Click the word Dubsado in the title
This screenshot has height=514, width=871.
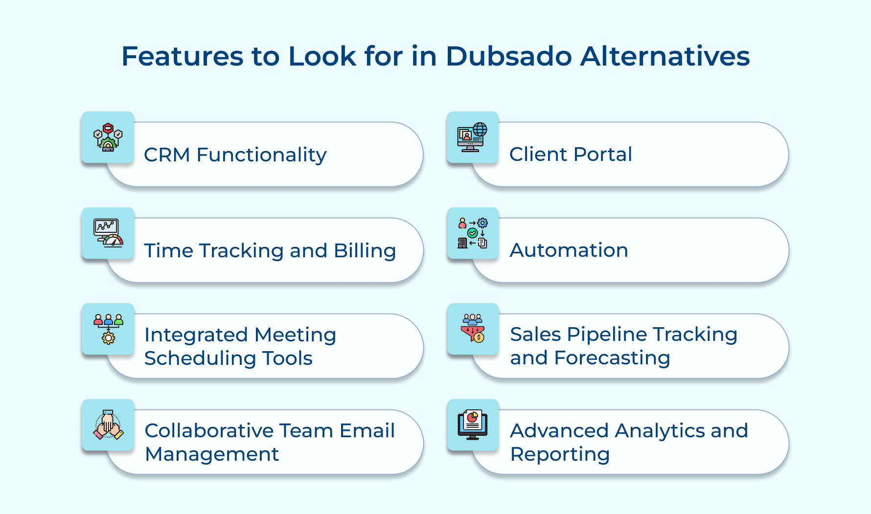point(509,56)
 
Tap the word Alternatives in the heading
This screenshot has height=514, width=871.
point(665,56)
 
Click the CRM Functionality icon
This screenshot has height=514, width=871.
point(108,137)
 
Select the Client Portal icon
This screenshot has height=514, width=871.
point(472,137)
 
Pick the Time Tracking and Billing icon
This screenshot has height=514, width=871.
point(108,233)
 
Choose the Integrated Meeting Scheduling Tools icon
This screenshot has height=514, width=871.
point(108,329)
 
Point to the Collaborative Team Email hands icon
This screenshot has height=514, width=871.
point(108,425)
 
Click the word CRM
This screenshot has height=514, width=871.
point(167,155)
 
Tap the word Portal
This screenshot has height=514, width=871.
point(603,154)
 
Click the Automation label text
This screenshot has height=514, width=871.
point(569,250)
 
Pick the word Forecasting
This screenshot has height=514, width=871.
point(612,358)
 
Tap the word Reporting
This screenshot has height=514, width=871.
point(560,454)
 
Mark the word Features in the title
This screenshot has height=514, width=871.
point(183,56)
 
